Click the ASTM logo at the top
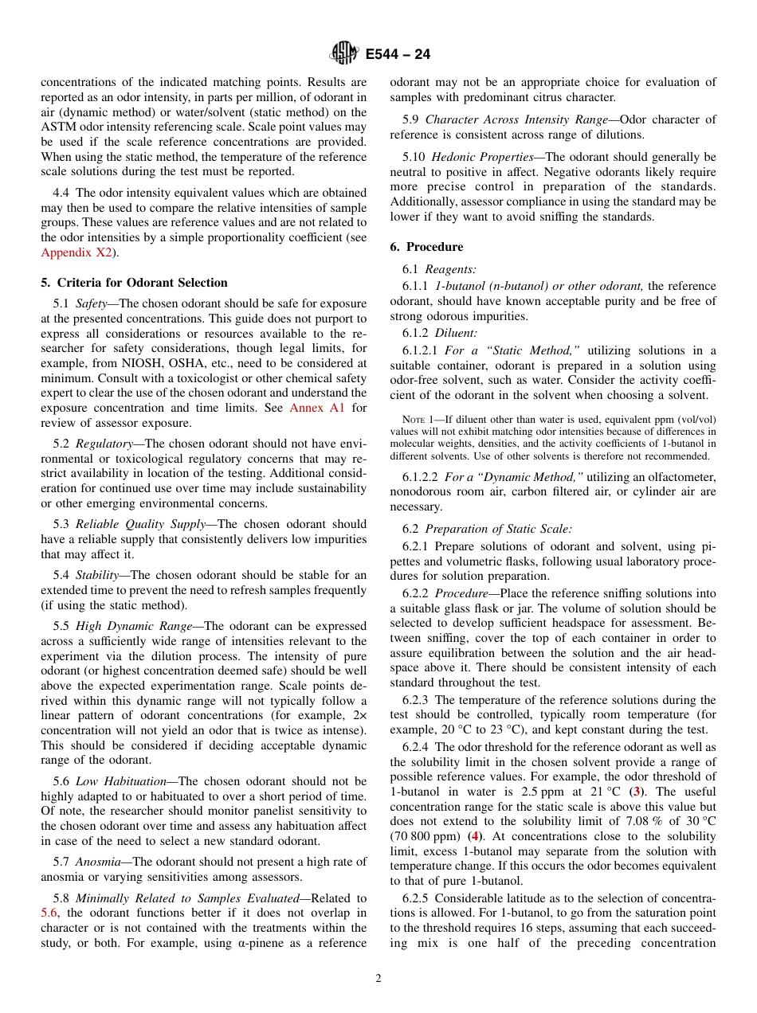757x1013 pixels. tap(344, 53)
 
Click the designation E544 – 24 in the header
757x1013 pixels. tap(398, 54)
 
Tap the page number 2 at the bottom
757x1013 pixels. tap(378, 979)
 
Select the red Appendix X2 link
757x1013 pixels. tap(76, 252)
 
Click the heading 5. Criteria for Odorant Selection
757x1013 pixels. tap(134, 283)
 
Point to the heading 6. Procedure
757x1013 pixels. tap(426, 247)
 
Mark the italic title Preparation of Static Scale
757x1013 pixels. tap(498, 529)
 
